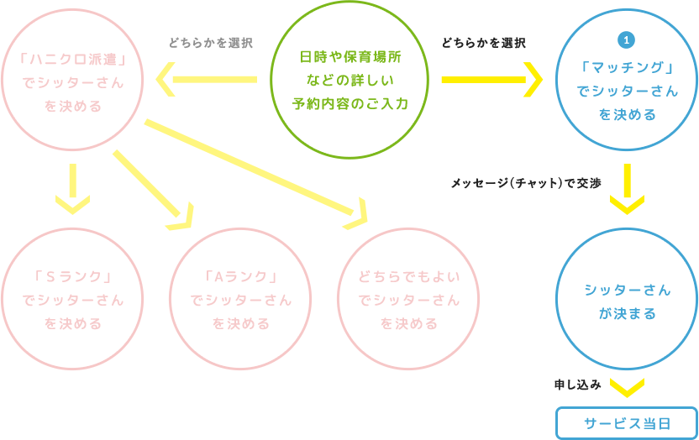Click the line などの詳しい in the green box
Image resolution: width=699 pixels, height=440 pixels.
tap(350, 81)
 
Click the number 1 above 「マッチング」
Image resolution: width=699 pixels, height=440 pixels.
tap(627, 40)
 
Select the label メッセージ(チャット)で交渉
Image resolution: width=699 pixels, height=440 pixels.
tap(526, 183)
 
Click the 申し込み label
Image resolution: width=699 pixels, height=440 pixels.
tap(577, 385)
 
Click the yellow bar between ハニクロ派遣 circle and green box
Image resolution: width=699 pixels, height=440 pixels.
tap(206, 79)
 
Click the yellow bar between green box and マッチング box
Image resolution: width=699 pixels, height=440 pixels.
tap(492, 80)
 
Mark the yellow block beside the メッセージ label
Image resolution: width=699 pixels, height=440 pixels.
tap(627, 189)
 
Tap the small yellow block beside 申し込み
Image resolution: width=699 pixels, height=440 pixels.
tap(627, 388)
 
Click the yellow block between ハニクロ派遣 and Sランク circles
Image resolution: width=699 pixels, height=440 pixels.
tap(72, 189)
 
